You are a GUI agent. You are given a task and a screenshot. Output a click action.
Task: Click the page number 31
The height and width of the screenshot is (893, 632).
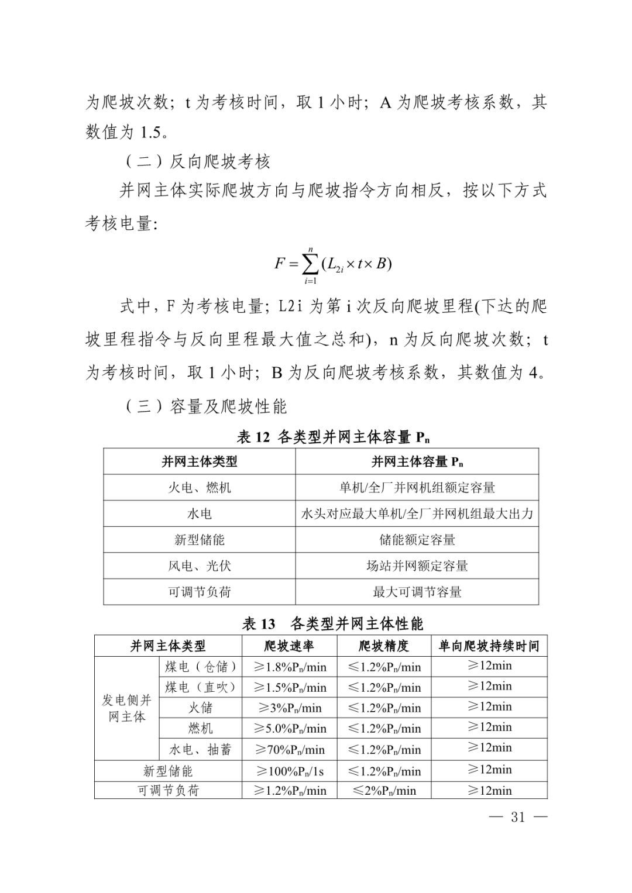tap(518, 817)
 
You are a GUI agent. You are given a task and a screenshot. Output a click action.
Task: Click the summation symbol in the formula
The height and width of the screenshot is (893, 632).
tap(310, 264)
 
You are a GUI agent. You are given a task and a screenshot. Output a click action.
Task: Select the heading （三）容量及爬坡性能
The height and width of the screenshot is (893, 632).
tap(206, 406)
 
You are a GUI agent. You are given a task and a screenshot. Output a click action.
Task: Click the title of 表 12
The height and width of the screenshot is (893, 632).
tap(333, 437)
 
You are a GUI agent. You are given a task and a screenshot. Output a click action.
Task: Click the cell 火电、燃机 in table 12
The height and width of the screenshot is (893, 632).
tap(200, 487)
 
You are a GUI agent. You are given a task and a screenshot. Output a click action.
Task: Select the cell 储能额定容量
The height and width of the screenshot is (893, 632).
tap(417, 540)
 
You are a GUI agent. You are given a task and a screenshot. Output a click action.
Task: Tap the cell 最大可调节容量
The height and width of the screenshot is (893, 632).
tap(417, 592)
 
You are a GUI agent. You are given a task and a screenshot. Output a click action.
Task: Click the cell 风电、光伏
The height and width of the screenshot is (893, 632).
tap(200, 566)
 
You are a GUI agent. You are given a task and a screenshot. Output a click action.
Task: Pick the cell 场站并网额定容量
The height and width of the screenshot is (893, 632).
tap(417, 566)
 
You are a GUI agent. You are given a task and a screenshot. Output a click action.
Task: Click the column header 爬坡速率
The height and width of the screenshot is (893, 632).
tap(289, 646)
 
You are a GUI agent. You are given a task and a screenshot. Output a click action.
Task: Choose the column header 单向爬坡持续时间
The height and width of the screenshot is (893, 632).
tap(489, 646)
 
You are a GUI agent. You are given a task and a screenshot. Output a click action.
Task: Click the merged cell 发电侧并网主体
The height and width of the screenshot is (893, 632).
tap(126, 708)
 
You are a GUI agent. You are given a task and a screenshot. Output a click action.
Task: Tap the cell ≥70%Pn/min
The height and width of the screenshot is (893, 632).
tap(289, 750)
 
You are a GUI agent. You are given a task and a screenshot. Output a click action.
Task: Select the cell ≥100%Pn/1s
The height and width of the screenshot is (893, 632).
tap(289, 771)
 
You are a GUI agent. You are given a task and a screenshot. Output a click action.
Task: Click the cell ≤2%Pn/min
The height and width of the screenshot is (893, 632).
tap(384, 791)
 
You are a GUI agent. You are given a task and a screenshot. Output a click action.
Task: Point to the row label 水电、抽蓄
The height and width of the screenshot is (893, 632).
tap(200, 750)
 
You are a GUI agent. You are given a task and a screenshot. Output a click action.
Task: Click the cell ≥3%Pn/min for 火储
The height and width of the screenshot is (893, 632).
tap(289, 708)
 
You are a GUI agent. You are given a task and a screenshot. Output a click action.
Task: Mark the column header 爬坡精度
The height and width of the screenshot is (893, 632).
tap(384, 646)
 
